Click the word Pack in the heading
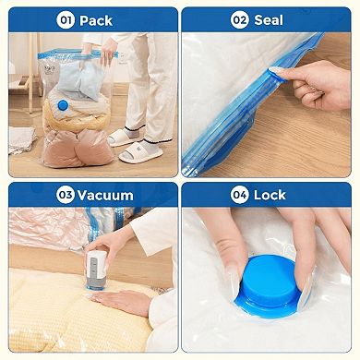coord(96,19)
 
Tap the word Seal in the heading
coord(269,19)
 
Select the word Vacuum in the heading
coord(106,195)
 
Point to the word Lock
coord(270,195)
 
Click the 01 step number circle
coord(66,19)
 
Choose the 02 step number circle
coord(240,19)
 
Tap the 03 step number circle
coord(66,195)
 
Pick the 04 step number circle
coord(240,195)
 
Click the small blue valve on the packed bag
coord(62,106)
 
